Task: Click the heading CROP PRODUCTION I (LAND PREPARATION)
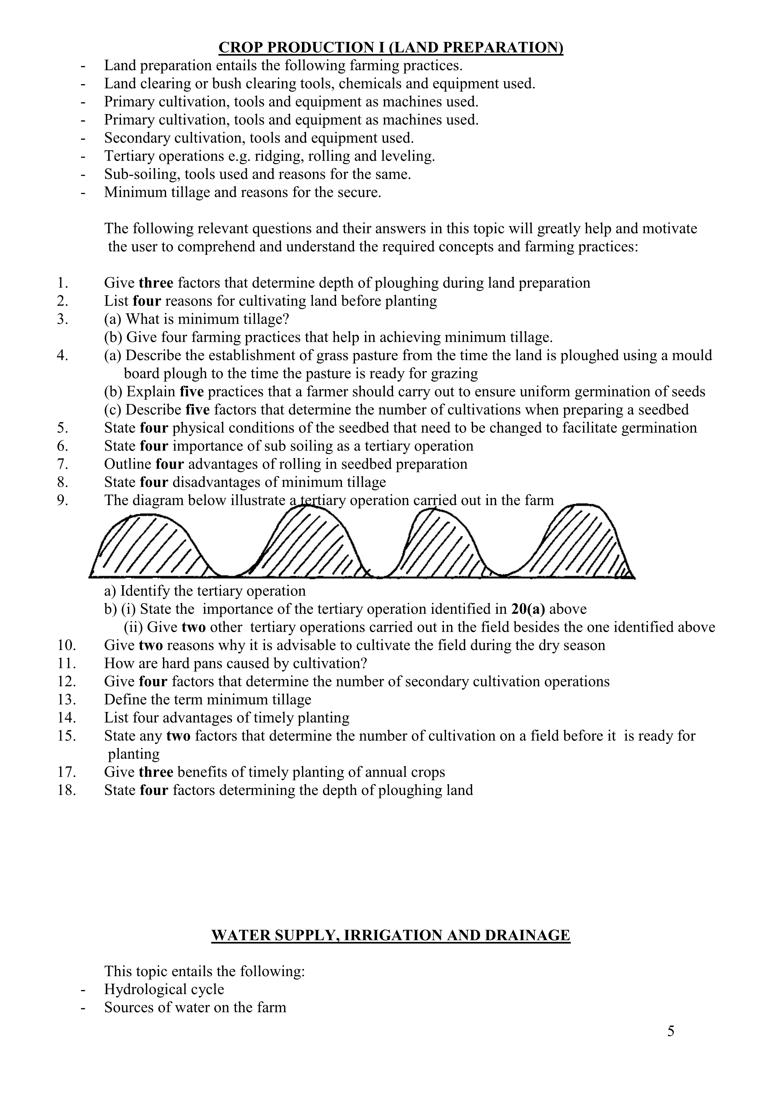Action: (x=391, y=47)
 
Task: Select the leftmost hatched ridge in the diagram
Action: (x=149, y=546)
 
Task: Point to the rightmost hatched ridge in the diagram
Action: (x=588, y=541)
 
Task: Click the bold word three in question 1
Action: (x=156, y=283)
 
